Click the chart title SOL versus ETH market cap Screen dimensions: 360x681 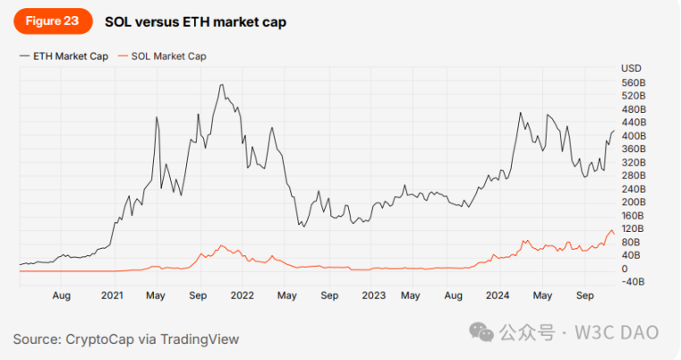195,21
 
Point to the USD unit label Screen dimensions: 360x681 631,68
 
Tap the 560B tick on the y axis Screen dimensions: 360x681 634,81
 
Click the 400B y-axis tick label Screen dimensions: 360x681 634,135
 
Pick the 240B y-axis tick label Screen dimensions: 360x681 634,189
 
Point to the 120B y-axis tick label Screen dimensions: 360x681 634,229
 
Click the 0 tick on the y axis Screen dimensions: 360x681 624,269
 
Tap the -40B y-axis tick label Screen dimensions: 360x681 634,282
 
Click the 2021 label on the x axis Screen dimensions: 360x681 112,295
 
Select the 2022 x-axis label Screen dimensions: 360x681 243,295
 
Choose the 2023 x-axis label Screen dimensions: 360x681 373,295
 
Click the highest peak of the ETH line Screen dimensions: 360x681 221,85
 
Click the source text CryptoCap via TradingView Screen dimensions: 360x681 126,339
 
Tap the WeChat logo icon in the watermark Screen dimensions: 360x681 484,333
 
